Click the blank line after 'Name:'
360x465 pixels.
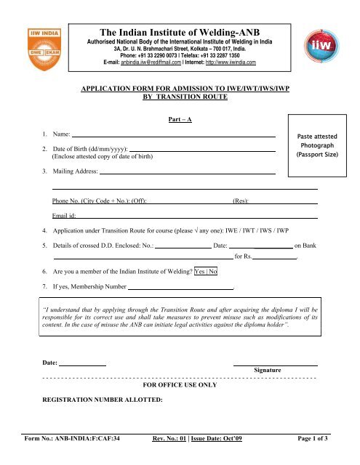coord(168,135)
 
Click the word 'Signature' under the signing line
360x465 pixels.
coord(267,370)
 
